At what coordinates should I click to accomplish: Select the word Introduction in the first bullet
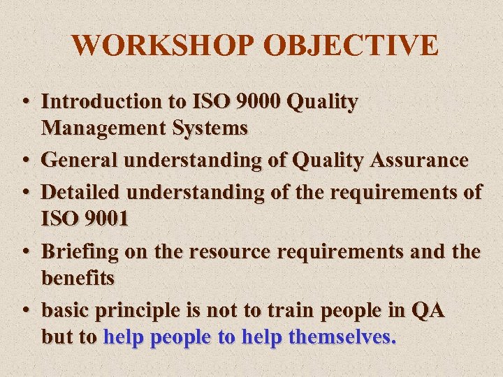[101, 102]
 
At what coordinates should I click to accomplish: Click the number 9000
[249, 102]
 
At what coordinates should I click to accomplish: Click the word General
[78, 161]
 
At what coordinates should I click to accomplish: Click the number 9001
[105, 219]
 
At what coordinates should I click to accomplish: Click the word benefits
[78, 278]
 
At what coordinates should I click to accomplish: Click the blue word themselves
[342, 337]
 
